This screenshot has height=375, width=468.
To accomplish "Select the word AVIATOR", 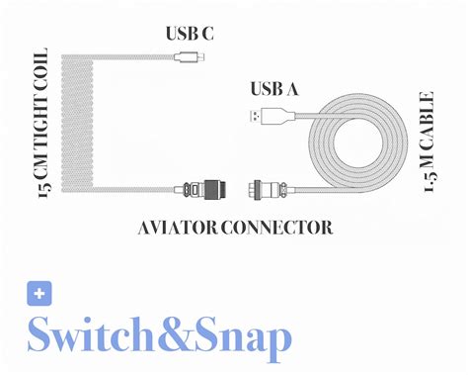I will [x=176, y=228].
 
